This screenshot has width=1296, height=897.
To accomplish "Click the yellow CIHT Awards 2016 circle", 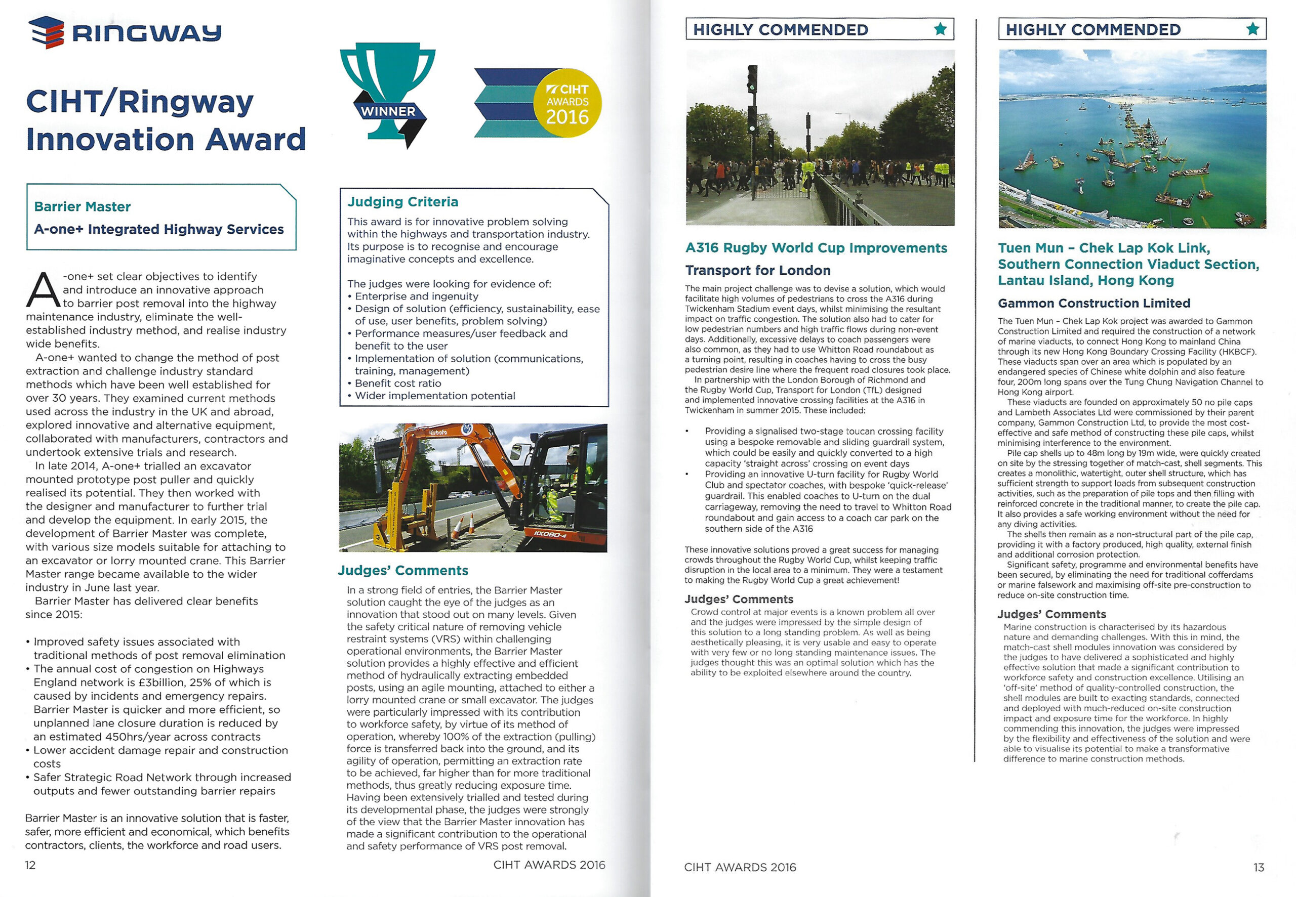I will point(568,103).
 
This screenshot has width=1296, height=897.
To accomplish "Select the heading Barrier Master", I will point(82,206).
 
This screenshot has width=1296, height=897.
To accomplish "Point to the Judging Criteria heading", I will point(402,202).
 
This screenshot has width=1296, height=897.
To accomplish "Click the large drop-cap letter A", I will point(43,290).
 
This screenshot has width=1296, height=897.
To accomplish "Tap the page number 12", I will point(30,865).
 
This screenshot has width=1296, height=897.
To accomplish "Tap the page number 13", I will point(1259,867).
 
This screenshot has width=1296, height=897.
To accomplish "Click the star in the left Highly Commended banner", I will point(940,29).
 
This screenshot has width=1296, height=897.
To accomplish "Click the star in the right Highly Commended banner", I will point(1252,29).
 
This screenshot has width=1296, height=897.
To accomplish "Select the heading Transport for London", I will point(757,270).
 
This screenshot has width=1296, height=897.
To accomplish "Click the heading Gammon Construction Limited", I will point(1093,303).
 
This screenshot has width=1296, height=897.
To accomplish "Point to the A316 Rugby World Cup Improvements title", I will point(816,248).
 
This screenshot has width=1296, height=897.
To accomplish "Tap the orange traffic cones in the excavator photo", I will point(462,527).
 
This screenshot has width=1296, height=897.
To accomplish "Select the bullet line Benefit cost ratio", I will point(397,383).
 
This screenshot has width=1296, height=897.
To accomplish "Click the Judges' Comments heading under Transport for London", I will point(738,599).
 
